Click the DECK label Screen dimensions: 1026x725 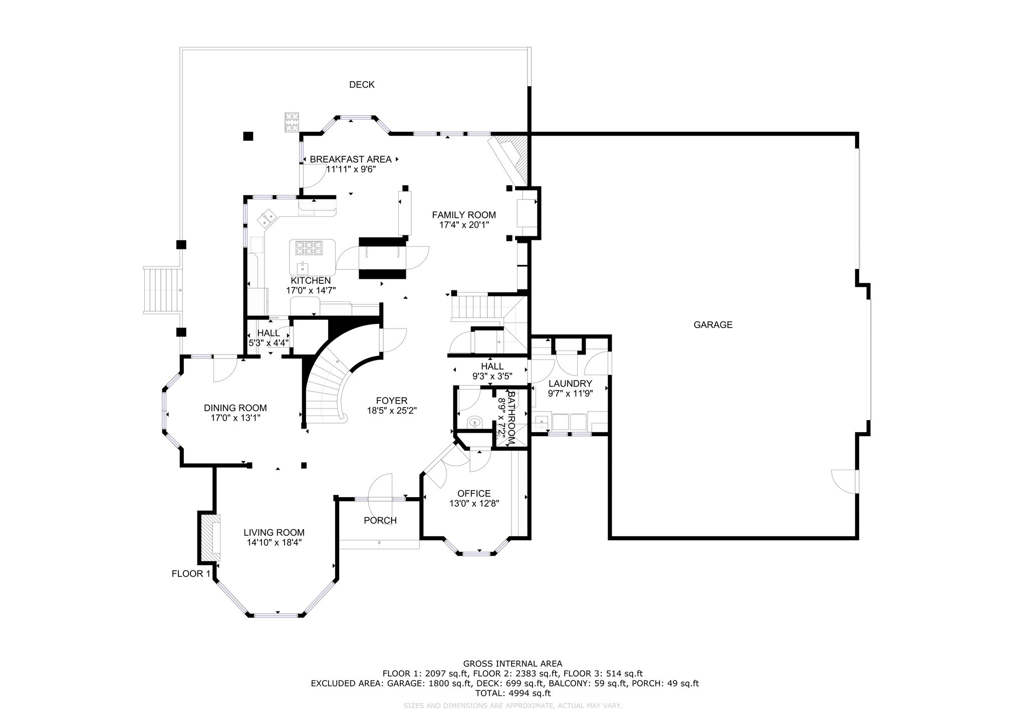click(x=362, y=85)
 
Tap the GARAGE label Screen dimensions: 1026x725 click(x=713, y=324)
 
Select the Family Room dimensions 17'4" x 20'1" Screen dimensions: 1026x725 click(x=464, y=225)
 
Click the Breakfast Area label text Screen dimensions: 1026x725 click(x=351, y=159)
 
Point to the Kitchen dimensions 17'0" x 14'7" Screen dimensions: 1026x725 click(x=311, y=290)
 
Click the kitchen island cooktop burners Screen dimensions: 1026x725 click(x=308, y=246)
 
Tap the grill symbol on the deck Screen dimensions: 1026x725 click(x=292, y=122)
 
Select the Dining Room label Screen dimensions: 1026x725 click(x=235, y=408)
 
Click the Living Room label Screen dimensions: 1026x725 click(x=274, y=533)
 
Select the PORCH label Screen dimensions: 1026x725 click(x=380, y=521)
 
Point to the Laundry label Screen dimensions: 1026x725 click(x=570, y=384)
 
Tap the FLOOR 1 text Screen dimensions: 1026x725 click(x=191, y=574)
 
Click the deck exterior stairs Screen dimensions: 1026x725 click(x=161, y=290)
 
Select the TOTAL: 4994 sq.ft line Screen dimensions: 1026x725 click(x=513, y=693)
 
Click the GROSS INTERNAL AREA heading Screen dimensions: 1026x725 click(x=513, y=664)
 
